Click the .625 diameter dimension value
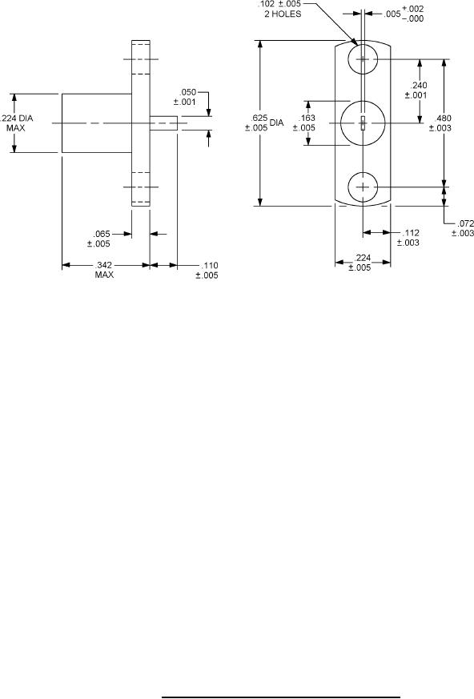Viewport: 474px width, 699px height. click(x=259, y=118)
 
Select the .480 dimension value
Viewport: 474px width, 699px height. click(x=443, y=118)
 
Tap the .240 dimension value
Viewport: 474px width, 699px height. click(x=419, y=85)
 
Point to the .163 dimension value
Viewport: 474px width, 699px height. click(x=307, y=118)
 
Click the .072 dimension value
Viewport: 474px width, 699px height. click(x=465, y=223)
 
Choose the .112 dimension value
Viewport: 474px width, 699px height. click(x=411, y=233)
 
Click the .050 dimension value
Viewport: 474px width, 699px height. click(x=187, y=92)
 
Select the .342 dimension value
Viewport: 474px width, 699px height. click(x=104, y=265)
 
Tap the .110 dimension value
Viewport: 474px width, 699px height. click(x=210, y=266)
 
